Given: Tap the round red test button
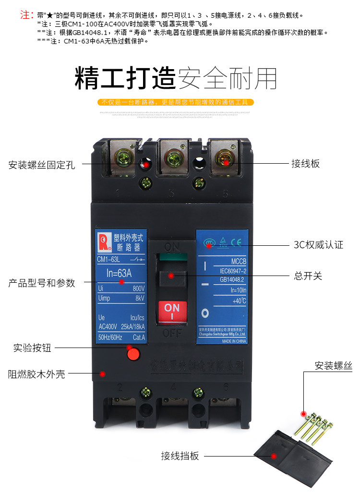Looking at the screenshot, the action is (x=132, y=354).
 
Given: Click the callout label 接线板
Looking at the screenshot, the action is (x=305, y=164).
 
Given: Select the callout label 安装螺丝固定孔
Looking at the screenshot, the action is (x=42, y=165).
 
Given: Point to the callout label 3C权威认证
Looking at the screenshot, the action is (x=318, y=245).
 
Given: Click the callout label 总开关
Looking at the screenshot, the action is (x=308, y=276).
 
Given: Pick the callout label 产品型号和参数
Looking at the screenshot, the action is (x=42, y=283).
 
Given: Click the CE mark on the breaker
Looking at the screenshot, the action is (x=236, y=242).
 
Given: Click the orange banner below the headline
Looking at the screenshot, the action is (x=175, y=102).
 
